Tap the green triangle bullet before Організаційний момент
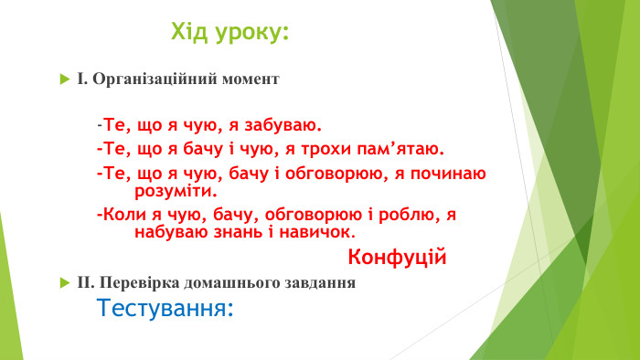64,79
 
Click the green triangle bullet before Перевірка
64,283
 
